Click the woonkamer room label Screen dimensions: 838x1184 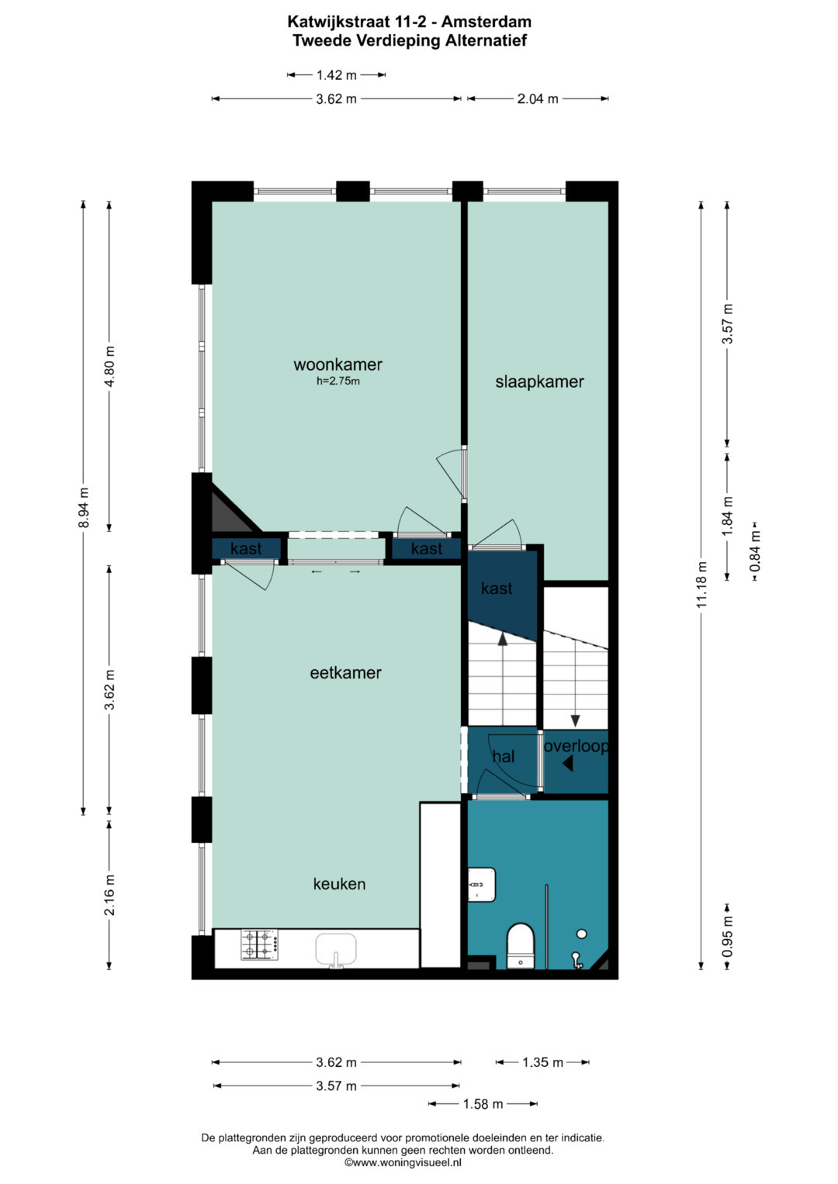tap(338, 364)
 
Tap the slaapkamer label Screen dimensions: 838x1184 tap(539, 381)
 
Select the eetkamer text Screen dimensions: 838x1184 tap(345, 673)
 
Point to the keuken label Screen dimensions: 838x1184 tap(339, 884)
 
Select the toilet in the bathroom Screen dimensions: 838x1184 tap(521, 946)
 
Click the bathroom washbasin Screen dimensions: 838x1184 tap(482, 885)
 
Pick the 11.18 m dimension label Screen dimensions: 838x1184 tap(701, 584)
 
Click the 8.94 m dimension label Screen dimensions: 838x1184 tap(83, 507)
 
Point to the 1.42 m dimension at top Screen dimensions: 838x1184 tap(337, 75)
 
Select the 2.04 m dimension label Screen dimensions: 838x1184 tap(538, 98)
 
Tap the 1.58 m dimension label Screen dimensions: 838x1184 tap(483, 1103)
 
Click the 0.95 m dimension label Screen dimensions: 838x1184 tap(728, 937)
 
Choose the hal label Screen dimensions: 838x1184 tap(503, 757)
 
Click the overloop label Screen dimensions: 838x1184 tap(576, 747)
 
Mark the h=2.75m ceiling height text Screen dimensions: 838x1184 tap(338, 381)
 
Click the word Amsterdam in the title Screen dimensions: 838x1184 tap(487, 22)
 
